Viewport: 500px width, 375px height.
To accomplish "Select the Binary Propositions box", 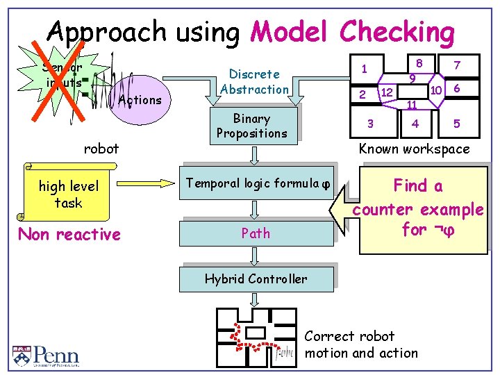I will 251,126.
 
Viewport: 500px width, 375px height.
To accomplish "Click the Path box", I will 256,233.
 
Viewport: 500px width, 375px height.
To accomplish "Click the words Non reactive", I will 69,235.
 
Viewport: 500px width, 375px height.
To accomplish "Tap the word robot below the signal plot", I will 101,148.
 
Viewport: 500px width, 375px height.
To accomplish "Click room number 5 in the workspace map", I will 456,124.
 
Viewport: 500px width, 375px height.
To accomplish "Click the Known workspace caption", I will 414,149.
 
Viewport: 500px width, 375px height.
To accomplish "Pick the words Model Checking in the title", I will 352,32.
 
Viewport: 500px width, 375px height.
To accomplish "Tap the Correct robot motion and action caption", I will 361,344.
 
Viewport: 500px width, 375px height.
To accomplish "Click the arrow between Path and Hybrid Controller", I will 256,257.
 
